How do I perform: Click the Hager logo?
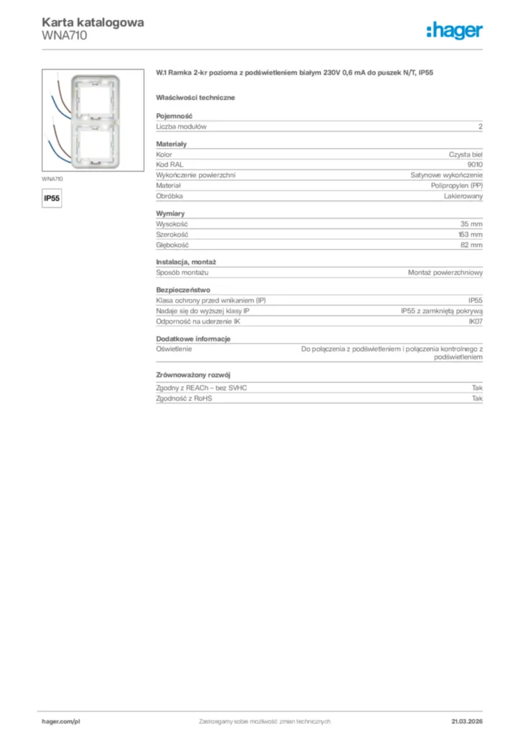(455, 30)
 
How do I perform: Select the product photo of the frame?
(87, 119)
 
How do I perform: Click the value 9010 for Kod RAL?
(475, 165)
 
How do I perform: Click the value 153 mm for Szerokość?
(470, 234)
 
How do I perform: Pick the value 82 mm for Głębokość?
(472, 245)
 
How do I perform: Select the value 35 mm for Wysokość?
(472, 224)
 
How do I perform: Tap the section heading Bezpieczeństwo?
(183, 290)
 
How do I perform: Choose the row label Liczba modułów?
(182, 126)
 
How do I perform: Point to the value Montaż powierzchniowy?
(445, 273)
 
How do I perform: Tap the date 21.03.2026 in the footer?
(467, 721)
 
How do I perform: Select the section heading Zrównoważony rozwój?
(192, 375)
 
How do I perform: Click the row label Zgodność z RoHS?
(184, 398)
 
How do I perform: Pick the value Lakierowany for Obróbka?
(463, 195)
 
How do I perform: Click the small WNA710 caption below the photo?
(52, 178)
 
